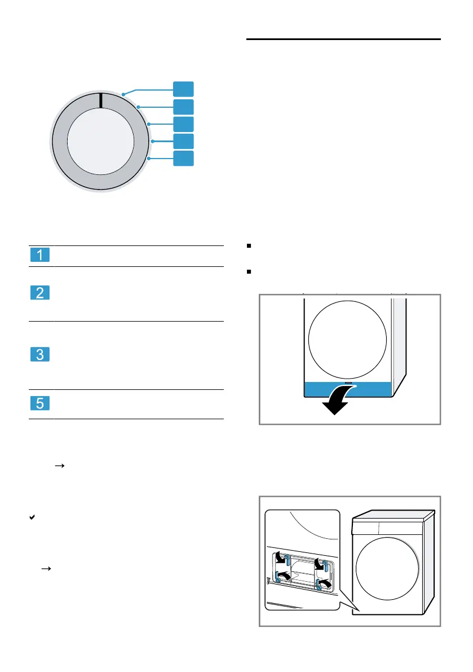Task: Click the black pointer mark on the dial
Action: (x=100, y=100)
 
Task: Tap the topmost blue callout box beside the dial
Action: (x=183, y=89)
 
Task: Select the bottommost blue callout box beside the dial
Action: (x=183, y=159)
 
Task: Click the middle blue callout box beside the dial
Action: (x=183, y=124)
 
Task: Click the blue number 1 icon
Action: (x=39, y=256)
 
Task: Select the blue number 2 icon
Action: (x=39, y=293)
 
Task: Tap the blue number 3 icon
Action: (x=39, y=355)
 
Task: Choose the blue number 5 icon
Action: (x=39, y=403)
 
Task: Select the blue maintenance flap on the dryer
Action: (x=347, y=389)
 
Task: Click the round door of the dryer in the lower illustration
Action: (x=388, y=574)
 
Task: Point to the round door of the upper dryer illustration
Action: (x=348, y=340)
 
